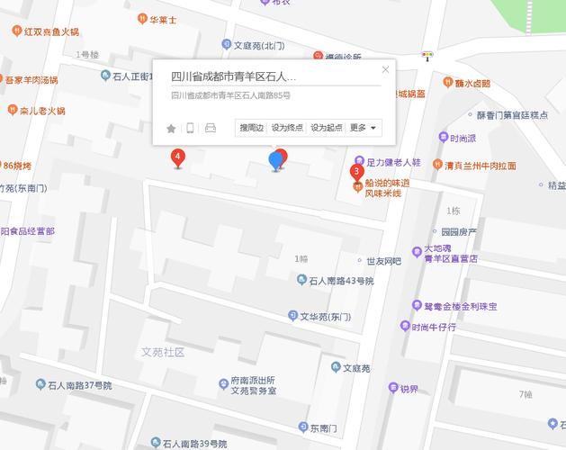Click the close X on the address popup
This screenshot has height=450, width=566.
pyautogui.click(x=386, y=69)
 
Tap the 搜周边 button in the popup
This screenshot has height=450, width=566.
pyautogui.click(x=251, y=128)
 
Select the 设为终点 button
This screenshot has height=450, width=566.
pyautogui.click(x=288, y=128)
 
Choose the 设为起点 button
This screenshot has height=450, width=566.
pyautogui.click(x=327, y=128)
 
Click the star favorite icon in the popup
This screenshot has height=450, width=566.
pyautogui.click(x=171, y=129)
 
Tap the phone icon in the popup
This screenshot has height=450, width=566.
pyautogui.click(x=190, y=128)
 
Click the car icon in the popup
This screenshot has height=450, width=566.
pyautogui.click(x=211, y=128)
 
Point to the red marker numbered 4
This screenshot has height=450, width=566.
pyautogui.click(x=178, y=158)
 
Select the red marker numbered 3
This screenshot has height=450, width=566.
pyautogui.click(x=357, y=171)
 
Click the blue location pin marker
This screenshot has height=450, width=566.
pyautogui.click(x=276, y=161)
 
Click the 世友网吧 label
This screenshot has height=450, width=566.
pyautogui.click(x=382, y=261)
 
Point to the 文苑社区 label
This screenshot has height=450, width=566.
pyautogui.click(x=163, y=351)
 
